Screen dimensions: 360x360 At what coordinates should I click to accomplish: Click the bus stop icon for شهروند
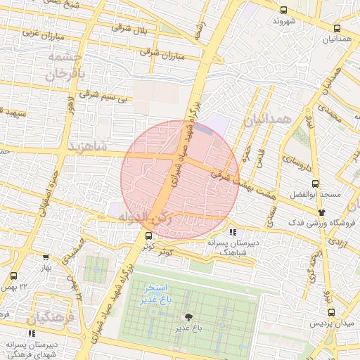(283, 11)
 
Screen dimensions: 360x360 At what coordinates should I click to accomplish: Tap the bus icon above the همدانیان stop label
(337, 29)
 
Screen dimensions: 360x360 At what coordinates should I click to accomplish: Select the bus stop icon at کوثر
(148, 236)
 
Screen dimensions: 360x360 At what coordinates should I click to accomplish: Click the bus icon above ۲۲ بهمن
(14, 276)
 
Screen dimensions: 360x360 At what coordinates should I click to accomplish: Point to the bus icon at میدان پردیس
(330, 312)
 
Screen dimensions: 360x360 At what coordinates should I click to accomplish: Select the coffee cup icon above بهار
(46, 258)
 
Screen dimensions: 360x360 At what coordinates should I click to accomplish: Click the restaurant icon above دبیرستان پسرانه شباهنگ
(233, 232)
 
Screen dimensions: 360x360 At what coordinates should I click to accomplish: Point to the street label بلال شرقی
(130, 29)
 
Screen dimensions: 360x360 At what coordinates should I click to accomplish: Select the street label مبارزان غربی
(41, 34)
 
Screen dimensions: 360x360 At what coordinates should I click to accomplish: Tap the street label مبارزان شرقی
(162, 53)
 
